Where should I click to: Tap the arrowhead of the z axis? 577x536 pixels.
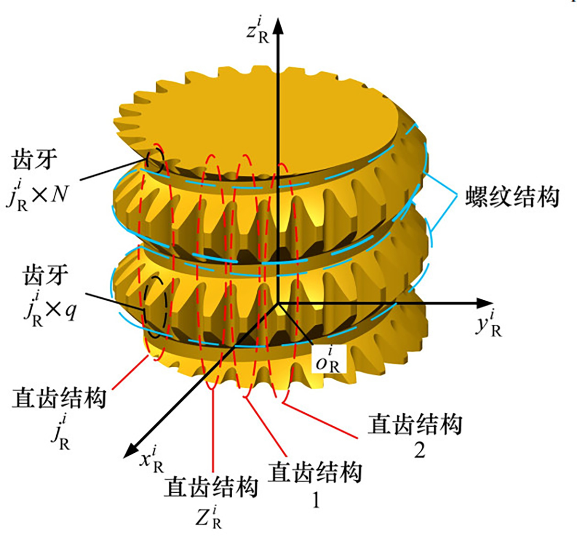coord(277,26)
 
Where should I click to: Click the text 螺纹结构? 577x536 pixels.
coord(512,197)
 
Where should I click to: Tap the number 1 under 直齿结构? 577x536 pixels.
coord(315,500)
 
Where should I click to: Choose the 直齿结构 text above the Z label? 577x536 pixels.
coord(211,487)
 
